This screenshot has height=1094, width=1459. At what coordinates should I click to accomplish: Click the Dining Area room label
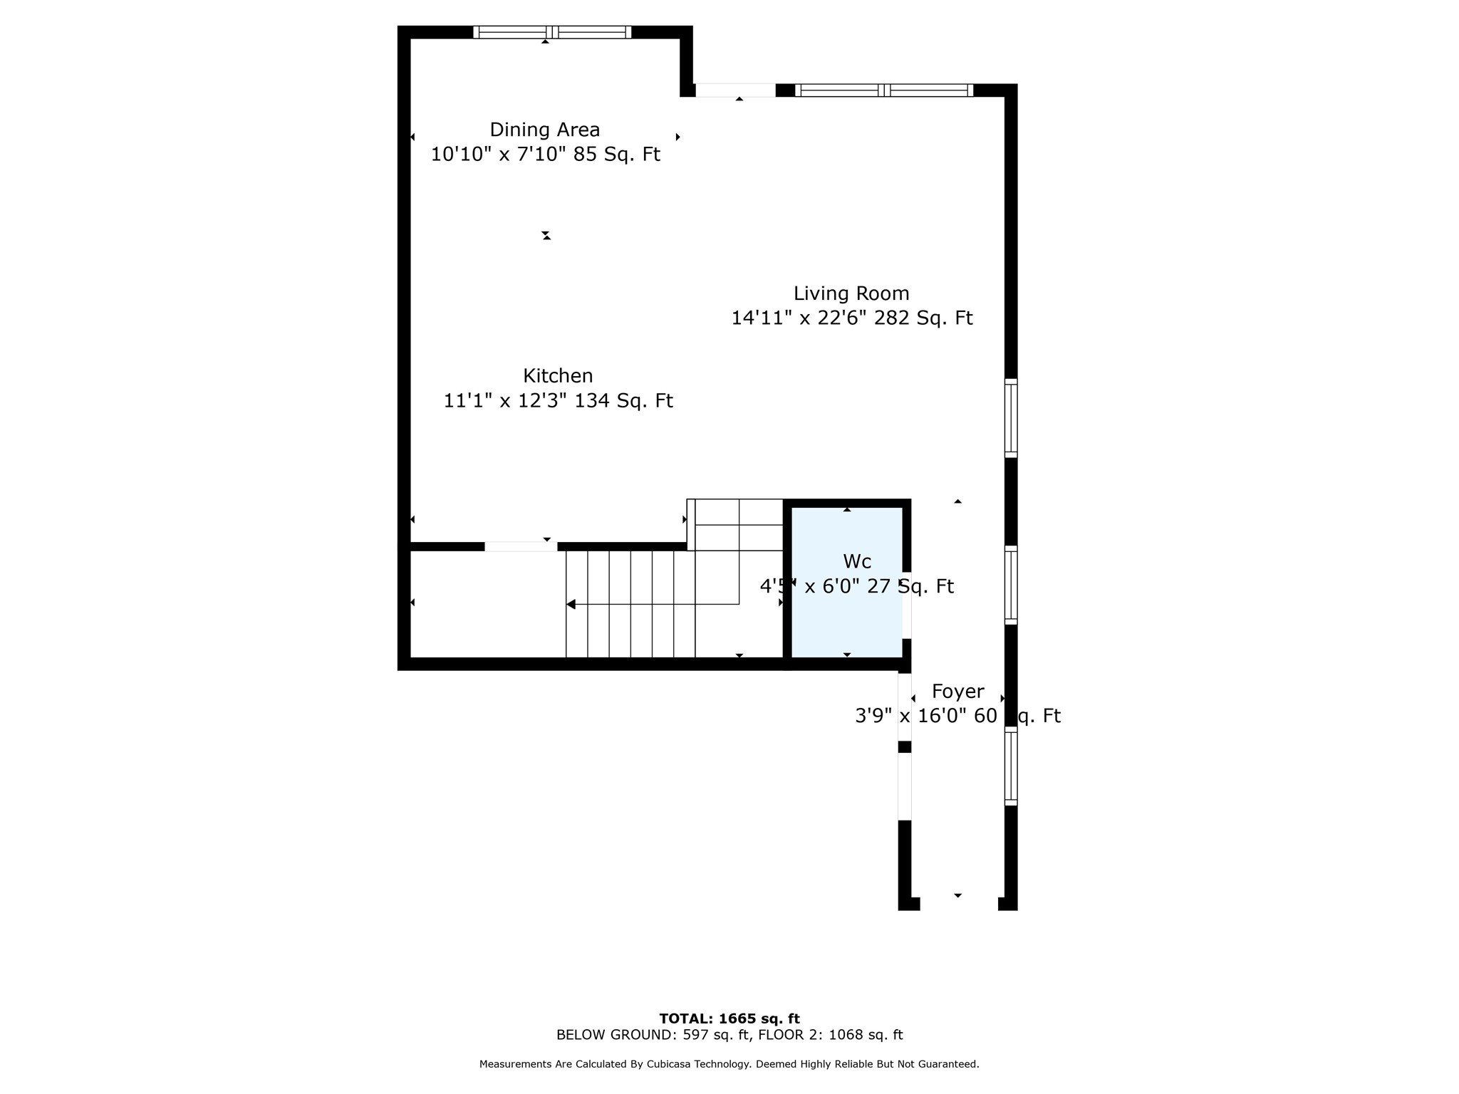(544, 130)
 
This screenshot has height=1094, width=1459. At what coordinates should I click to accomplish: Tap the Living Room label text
(851, 293)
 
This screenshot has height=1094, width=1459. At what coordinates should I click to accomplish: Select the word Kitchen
(558, 376)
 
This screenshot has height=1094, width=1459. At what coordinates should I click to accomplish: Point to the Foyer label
(958, 692)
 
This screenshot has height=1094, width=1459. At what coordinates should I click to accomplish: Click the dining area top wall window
(552, 32)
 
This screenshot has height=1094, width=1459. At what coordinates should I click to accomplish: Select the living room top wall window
(883, 90)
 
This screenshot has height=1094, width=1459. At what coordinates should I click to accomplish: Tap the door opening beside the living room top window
(735, 90)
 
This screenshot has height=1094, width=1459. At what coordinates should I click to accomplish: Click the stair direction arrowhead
(571, 604)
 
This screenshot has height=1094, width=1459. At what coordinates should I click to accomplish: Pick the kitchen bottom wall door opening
(521, 546)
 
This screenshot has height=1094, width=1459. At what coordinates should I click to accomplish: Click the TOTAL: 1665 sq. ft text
(729, 1019)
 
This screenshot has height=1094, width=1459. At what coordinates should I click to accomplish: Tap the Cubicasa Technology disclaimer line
(729, 1064)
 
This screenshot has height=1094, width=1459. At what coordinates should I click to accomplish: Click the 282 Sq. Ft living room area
(923, 318)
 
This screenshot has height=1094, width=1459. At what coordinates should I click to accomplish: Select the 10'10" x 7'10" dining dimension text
(498, 155)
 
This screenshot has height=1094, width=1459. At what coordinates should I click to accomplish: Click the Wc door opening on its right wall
(907, 605)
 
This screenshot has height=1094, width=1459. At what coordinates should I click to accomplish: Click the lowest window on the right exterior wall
(1011, 766)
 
